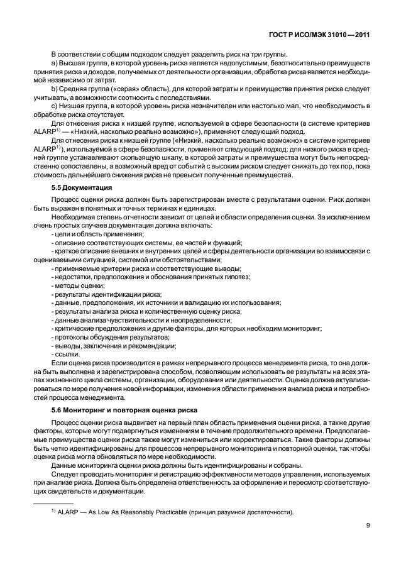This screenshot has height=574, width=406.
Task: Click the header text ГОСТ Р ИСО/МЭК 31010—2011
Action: pyautogui.click(x=319, y=36)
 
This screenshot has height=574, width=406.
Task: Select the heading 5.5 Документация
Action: pyautogui.click(x=82, y=188)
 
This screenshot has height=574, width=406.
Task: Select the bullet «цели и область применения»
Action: pyautogui.click(x=90, y=234)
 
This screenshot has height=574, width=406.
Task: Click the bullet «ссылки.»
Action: pyautogui.click(x=67, y=353)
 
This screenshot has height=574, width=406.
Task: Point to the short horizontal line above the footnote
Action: pyautogui.click(x=53, y=504)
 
